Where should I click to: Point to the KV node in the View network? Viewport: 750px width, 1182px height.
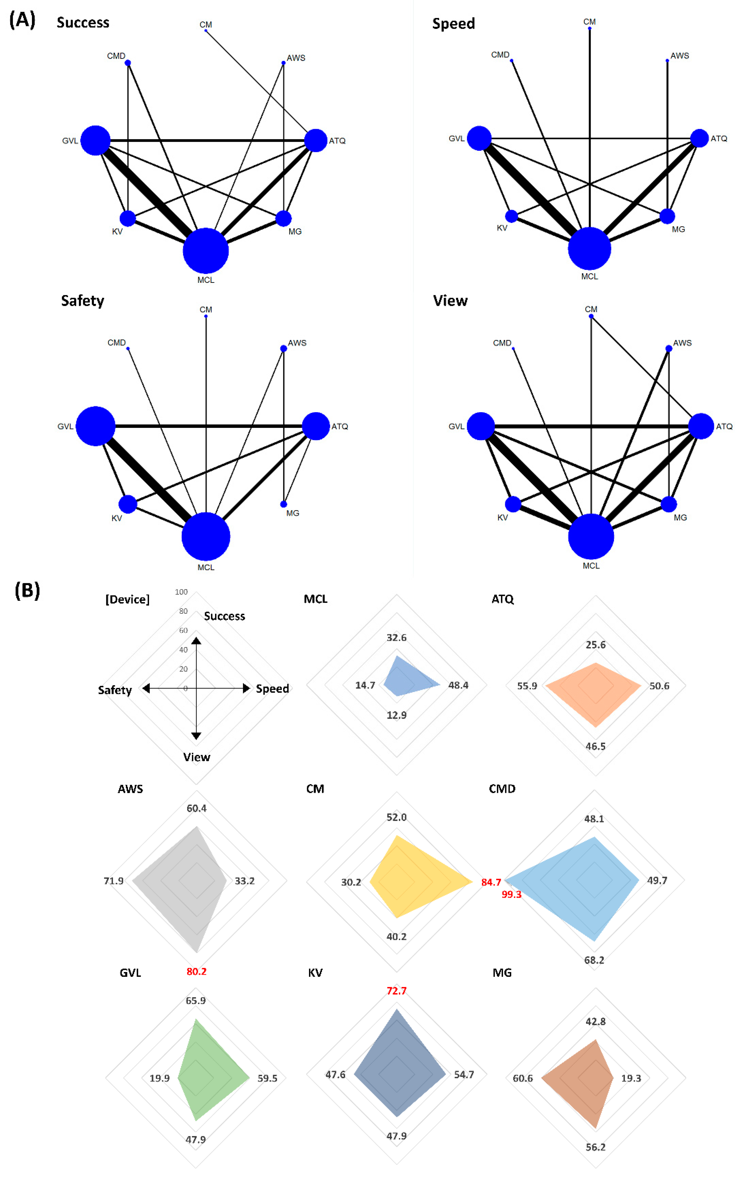point(513,504)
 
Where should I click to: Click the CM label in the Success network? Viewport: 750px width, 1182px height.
point(206,24)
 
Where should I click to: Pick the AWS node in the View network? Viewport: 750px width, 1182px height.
point(669,348)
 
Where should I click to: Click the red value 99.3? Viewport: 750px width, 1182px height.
point(511,894)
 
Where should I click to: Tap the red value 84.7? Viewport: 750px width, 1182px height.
point(491,882)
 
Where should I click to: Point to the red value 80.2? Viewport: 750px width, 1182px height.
point(196,971)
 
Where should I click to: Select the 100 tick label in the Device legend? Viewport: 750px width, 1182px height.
point(181,592)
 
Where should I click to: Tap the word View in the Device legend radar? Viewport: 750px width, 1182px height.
point(196,757)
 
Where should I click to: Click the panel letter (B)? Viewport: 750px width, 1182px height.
point(27,591)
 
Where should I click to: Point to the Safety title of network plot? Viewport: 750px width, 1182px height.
point(82,300)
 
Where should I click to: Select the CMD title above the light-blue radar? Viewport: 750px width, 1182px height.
point(502,789)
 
